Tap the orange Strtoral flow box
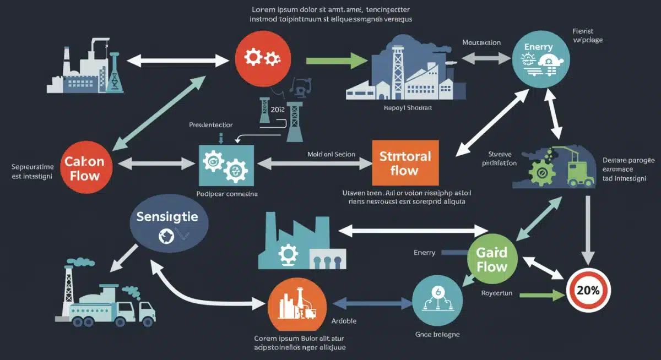pos(405,162)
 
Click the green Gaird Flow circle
pos(492,259)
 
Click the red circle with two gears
pos(262,58)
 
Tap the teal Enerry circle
pos(539,57)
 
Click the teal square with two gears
pos(225,164)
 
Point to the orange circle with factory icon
pos(294,305)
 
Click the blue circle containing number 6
pos(436,300)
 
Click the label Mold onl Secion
pos(332,155)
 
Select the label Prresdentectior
pos(210,125)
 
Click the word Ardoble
pos(344,321)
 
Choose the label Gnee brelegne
pos(437,334)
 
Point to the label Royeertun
pos(496,293)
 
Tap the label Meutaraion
pos(481,42)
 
